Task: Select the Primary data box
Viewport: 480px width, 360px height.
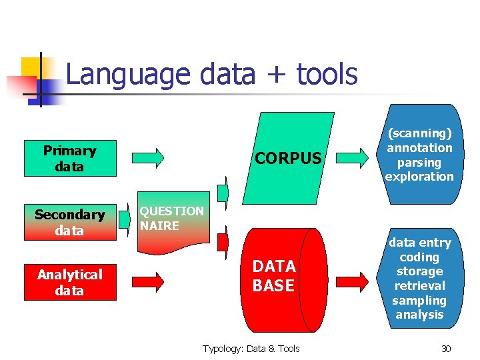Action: [69, 158]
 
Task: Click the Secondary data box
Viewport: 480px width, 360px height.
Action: [69, 222]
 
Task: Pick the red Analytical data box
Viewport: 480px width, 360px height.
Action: [69, 282]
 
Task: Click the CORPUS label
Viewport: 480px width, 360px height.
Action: [288, 158]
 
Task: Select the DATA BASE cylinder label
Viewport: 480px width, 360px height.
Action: [273, 276]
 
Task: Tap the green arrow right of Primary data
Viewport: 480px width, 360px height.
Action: [147, 158]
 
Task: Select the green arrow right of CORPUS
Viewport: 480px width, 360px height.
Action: [351, 158]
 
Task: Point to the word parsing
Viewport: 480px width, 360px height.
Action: [419, 162]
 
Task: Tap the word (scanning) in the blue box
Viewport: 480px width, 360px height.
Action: [419, 133]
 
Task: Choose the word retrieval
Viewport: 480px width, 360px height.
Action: [419, 285]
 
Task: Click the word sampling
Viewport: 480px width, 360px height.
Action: [419, 300]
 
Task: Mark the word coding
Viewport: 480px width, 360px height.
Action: [419, 257]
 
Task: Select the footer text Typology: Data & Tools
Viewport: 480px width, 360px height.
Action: [251, 348]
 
